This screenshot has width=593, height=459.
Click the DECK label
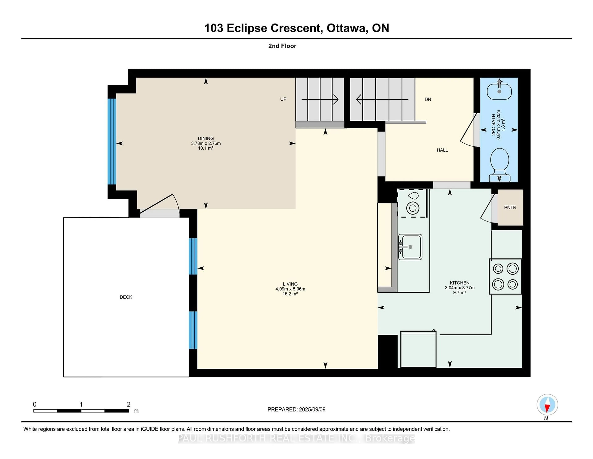pyautogui.click(x=126, y=297)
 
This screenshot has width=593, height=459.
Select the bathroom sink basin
pyautogui.click(x=499, y=92)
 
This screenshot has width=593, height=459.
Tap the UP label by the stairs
pyautogui.click(x=283, y=99)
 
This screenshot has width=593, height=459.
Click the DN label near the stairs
pyautogui.click(x=428, y=100)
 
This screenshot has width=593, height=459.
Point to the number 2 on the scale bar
pyautogui.click(x=129, y=404)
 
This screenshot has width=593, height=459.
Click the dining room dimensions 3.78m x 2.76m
pyautogui.click(x=206, y=143)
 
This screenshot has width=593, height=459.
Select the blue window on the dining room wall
pyautogui.click(x=112, y=141)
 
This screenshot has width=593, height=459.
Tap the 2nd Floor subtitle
pyautogui.click(x=282, y=46)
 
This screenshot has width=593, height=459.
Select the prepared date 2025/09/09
pyautogui.click(x=312, y=410)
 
